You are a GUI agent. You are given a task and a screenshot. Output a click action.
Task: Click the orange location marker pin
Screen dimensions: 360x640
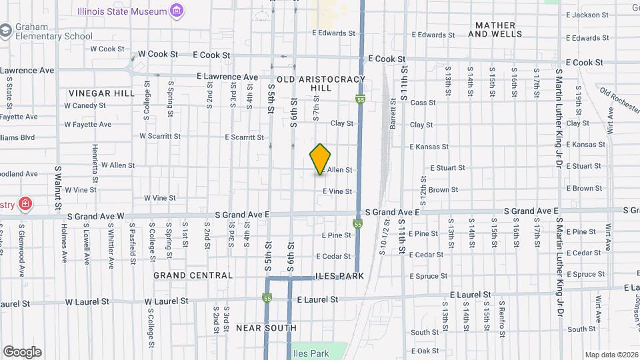(320, 159)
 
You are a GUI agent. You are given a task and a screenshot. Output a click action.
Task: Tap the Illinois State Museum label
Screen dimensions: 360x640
(121, 11)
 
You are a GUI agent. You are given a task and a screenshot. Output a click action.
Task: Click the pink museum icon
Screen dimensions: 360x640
(177, 11)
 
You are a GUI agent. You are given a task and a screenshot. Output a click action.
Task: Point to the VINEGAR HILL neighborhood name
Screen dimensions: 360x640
(101, 93)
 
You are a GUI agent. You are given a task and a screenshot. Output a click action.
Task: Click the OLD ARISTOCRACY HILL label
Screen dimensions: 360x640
(321, 83)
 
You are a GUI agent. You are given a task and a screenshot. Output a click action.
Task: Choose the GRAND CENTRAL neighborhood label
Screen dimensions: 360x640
(193, 275)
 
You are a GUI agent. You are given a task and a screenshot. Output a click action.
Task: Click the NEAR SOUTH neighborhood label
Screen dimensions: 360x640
(266, 328)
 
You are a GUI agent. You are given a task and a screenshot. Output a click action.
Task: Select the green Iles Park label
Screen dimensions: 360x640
(311, 353)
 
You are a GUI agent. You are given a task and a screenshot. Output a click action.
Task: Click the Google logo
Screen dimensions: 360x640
(22, 352)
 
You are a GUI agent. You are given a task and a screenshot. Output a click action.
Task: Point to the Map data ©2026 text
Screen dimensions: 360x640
(611, 355)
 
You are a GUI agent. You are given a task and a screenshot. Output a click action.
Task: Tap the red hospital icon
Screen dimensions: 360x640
(25, 203)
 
